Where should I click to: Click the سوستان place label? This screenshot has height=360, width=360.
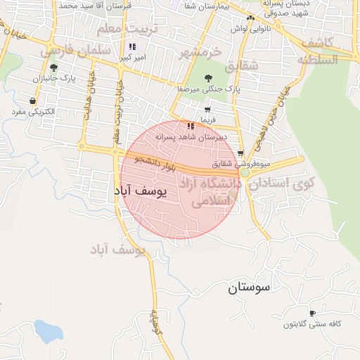(249, 288)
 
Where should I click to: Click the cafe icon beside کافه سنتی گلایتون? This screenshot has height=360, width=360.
(312, 312)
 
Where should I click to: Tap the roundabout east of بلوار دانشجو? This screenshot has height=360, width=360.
(244, 172)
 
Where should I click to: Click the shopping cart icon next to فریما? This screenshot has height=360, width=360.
(207, 110)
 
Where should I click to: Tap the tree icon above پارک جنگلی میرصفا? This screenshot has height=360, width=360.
(207, 78)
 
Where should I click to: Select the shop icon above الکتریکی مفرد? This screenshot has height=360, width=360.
(33, 101)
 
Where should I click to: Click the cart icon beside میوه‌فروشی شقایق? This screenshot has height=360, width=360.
(240, 153)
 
